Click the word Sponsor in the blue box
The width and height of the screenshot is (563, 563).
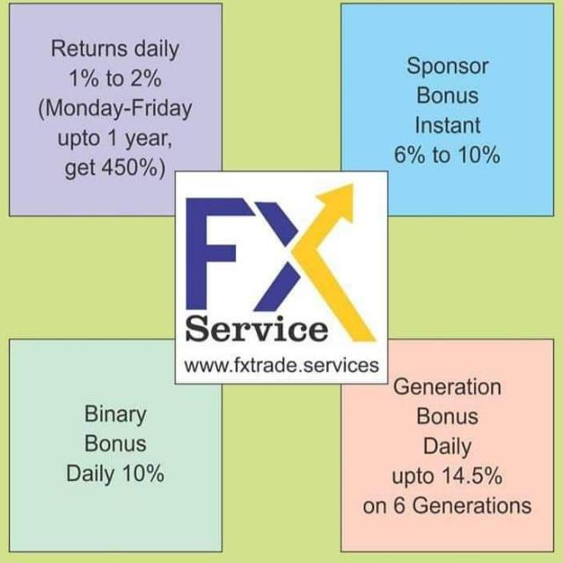448,66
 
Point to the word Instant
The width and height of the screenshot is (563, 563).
448,126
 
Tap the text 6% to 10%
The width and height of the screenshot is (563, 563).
448,156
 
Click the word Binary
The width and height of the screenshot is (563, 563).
115,413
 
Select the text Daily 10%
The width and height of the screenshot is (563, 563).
115,473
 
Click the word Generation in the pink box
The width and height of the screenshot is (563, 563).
447,386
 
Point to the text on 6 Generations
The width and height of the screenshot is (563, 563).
447,506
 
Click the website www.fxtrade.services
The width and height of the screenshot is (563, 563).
281,365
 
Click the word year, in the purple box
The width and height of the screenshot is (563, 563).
141,139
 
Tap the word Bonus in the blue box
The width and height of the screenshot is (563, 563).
448,96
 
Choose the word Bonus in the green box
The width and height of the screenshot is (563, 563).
115,443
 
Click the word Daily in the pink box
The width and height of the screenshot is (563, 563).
447,446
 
